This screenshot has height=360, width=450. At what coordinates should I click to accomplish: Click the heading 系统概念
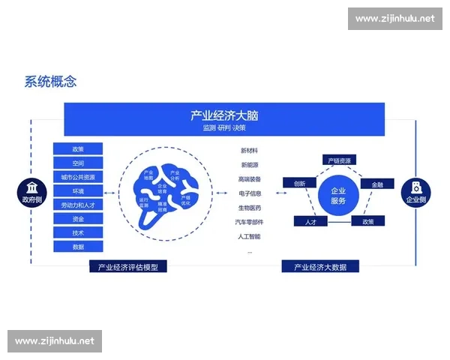tap(50, 82)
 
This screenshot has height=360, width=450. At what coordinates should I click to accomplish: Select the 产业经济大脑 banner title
tap(224, 115)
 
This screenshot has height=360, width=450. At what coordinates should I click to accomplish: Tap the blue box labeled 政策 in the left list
tap(78, 148)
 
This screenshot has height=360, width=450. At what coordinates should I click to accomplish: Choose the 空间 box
tap(78, 163)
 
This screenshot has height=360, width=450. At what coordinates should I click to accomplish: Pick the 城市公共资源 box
tap(78, 177)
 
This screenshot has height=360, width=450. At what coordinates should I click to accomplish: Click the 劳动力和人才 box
tap(78, 205)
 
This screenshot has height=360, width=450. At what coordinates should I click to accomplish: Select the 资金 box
tap(78, 219)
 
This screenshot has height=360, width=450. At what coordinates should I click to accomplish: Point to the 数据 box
tap(78, 247)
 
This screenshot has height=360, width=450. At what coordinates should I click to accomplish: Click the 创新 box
tap(299, 183)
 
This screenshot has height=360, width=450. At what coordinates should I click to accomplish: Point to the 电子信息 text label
tap(250, 193)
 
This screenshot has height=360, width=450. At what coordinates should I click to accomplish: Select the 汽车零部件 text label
tap(250, 222)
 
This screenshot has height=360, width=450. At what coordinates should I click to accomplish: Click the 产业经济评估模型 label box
tap(128, 267)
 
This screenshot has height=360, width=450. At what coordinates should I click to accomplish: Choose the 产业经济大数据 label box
tap(320, 267)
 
